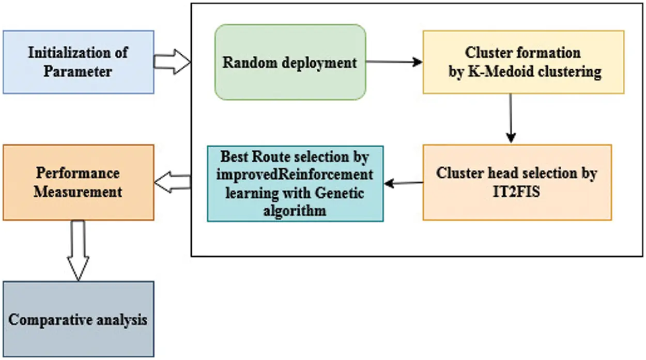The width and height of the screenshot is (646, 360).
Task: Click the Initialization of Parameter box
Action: click(79, 62)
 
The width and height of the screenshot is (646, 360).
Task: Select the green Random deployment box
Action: click(290, 62)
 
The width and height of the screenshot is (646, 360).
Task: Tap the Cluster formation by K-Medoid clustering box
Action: click(524, 62)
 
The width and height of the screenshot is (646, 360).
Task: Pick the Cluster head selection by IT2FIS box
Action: click(517, 182)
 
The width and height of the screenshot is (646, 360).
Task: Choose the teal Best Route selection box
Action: click(295, 184)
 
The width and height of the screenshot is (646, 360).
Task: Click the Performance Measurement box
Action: click(79, 182)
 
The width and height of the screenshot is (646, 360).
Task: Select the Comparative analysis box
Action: click(79, 319)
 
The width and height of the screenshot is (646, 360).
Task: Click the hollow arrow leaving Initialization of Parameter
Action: click(172, 61)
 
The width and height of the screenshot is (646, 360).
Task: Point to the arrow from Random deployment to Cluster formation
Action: click(394, 61)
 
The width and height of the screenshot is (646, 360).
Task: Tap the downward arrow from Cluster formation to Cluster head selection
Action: click(511, 118)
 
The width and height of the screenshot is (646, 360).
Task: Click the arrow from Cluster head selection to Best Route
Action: click(404, 183)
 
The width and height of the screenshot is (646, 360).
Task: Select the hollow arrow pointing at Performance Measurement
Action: click(173, 182)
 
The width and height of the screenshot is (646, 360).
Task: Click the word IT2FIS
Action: click(516, 192)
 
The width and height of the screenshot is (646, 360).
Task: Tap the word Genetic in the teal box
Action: click(339, 193)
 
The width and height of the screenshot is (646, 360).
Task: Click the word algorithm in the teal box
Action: click(295, 211)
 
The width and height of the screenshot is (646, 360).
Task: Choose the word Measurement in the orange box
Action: click(78, 192)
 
